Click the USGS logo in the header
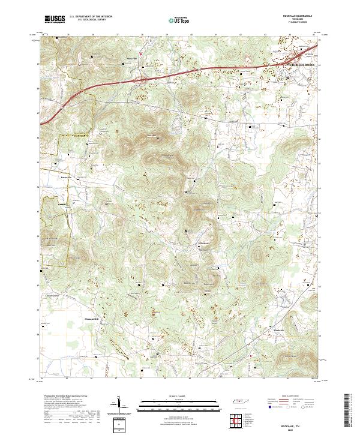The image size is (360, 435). point(55,19)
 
